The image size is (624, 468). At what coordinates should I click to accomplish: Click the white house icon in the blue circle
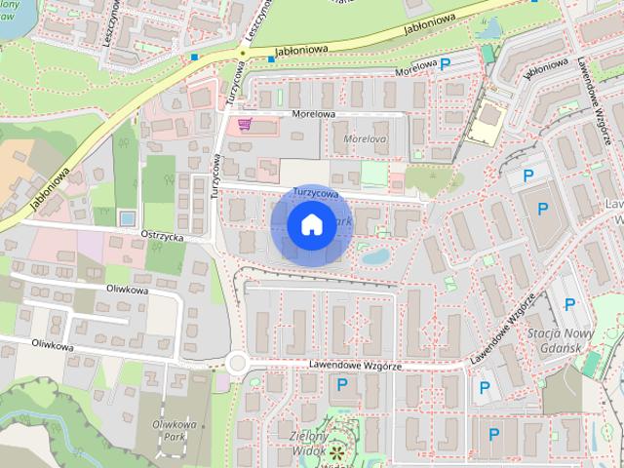310,224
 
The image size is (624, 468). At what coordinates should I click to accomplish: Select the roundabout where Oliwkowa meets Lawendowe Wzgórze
236,364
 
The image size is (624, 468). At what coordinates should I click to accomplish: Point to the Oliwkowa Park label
175,431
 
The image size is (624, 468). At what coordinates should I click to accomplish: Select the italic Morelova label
366,139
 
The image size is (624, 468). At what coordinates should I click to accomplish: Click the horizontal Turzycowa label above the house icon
315,194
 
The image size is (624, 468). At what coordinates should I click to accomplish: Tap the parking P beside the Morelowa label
446,65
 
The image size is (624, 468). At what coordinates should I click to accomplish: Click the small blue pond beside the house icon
375,256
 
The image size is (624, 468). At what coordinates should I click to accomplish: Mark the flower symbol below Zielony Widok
337,452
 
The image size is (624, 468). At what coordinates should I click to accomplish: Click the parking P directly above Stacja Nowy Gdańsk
569,304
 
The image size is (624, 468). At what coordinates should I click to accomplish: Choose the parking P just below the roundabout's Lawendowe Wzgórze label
342,386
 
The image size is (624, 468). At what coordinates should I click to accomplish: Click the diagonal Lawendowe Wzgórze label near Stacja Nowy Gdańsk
503,328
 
